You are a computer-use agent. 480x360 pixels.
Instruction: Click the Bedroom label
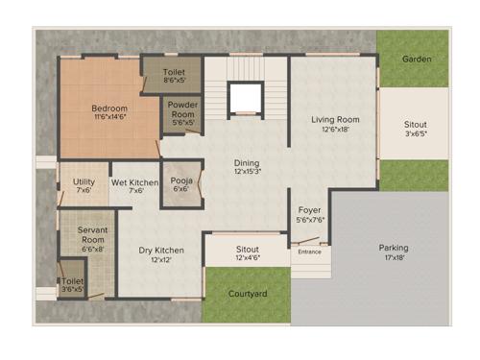coord(109,108)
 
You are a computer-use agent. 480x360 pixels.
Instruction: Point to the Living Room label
coord(335,120)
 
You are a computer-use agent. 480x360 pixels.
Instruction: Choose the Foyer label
coord(308,209)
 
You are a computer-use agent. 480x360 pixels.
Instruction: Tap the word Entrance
coord(309,252)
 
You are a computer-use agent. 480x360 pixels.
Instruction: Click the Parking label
coord(393,248)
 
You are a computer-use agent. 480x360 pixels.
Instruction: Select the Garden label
coord(417,60)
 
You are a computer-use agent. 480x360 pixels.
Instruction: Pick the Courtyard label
coord(248,294)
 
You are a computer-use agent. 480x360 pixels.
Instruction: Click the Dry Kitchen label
coord(161,251)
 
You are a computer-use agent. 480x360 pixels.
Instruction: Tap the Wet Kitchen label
coord(134,181)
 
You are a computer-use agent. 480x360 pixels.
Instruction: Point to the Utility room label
coord(84,181)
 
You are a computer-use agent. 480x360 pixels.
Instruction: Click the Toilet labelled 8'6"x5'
coord(174,72)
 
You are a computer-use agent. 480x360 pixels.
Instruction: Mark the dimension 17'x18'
coord(393,258)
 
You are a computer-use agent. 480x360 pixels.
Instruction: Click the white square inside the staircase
coord(244,98)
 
